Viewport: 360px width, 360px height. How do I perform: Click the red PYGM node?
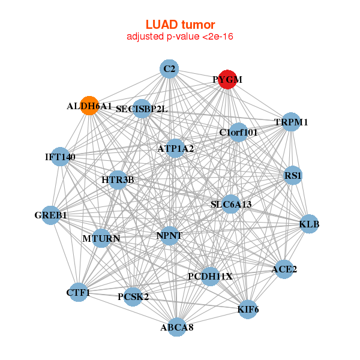coord(227,79)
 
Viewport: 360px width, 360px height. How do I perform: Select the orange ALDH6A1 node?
coord(89,106)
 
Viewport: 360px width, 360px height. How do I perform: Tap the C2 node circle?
coord(170,69)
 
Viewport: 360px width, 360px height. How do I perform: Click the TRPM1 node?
coord(291,122)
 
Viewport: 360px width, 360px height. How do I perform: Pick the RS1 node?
coord(293,176)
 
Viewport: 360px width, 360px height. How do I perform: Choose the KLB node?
coord(309,224)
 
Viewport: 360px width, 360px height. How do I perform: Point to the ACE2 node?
coord(284,269)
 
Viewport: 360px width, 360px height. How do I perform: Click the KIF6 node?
coord(248,310)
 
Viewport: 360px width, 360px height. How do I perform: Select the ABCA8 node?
coord(176,328)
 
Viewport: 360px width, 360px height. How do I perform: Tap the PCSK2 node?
coord(133,296)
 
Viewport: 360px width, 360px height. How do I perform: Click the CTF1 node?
coord(78,293)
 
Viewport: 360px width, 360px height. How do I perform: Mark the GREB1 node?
coord(51,215)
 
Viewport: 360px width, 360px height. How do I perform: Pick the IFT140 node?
coord(60,157)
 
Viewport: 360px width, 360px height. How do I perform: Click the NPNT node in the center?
coord(169,235)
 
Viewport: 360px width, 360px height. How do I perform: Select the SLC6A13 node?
coord(231,204)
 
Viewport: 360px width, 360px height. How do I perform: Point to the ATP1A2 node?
coord(175,148)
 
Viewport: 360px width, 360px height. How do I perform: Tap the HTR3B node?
coord(118,179)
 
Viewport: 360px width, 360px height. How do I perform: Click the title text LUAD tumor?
coord(180,25)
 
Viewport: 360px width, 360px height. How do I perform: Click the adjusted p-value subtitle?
coord(180,37)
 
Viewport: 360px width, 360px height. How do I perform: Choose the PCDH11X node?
coord(210,276)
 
